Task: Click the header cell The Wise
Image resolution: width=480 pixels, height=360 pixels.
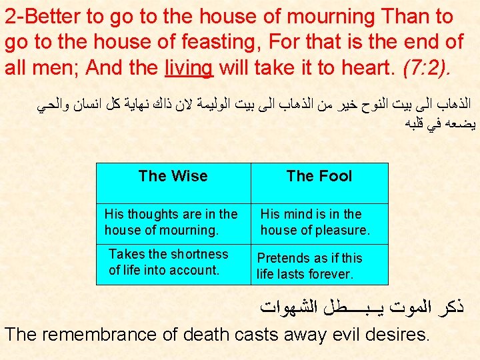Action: tap(173, 177)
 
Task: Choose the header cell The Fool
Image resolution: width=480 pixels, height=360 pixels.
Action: tap(319, 177)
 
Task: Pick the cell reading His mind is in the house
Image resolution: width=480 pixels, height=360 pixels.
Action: tap(315, 223)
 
